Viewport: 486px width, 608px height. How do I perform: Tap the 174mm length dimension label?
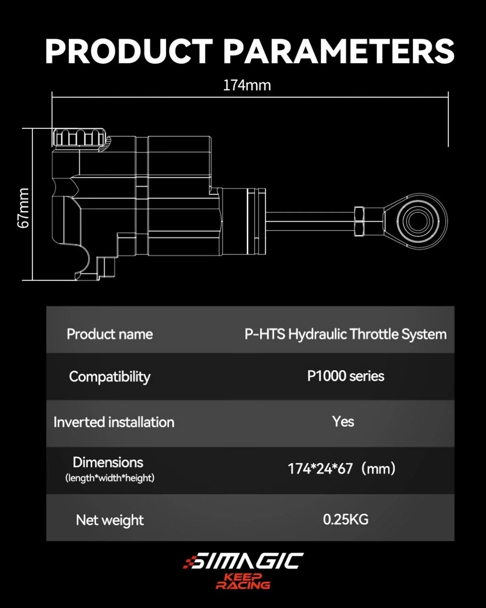247,85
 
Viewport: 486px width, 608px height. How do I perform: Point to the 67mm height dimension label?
23,208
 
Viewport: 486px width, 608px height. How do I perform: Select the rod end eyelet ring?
418,221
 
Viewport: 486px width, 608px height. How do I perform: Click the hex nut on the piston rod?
359,221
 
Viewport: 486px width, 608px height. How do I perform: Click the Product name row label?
110,334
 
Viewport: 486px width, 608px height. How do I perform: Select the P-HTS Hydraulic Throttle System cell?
345,334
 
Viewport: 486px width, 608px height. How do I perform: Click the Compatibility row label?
110,377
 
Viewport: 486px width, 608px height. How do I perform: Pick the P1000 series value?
346,376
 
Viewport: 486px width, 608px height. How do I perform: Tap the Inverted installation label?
114,422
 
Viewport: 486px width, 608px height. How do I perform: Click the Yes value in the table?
343,422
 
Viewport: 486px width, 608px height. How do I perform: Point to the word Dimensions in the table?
108,462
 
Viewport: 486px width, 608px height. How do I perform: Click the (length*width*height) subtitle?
110,478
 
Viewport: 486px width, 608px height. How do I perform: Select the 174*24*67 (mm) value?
341,469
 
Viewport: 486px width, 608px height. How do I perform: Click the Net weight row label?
110,520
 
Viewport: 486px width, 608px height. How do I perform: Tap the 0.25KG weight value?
346,520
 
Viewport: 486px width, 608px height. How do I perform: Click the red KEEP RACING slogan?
243,581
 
